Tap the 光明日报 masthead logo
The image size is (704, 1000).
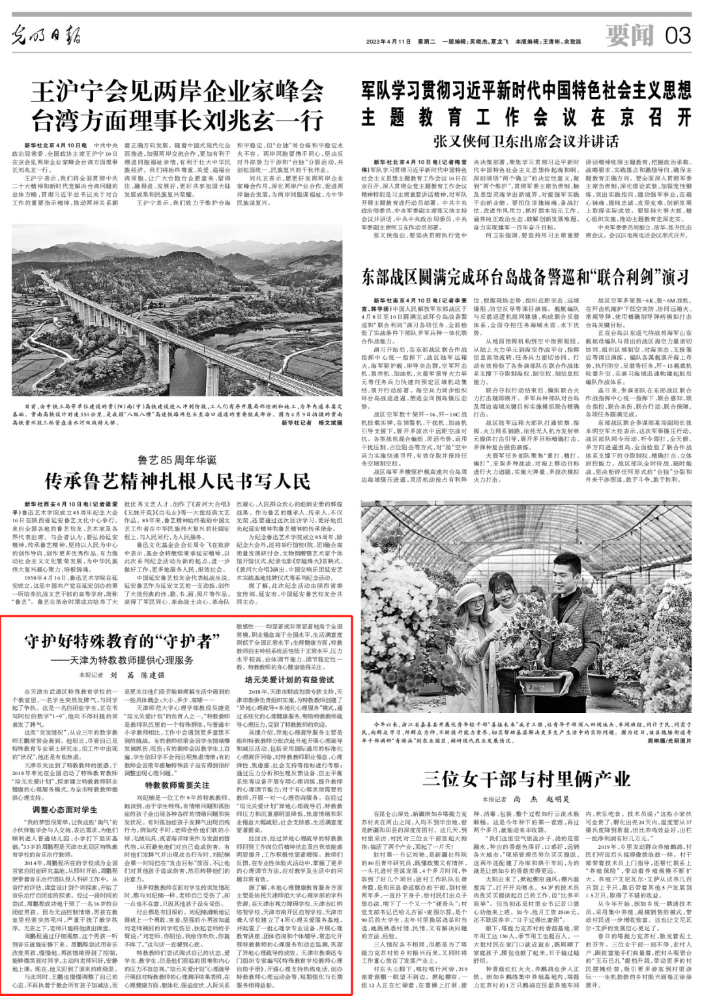click(46, 37)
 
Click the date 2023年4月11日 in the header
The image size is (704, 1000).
click(389, 42)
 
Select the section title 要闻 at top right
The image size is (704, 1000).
click(628, 35)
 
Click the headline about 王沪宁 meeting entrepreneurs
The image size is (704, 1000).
click(177, 106)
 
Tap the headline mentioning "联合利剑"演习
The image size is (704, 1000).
click(525, 276)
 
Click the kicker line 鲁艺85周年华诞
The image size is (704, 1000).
click(177, 460)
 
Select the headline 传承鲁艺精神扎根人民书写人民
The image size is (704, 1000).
click(177, 481)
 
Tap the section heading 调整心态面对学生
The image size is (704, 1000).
click(65, 810)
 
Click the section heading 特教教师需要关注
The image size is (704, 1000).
click(177, 786)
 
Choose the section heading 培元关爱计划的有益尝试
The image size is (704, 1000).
click(289, 680)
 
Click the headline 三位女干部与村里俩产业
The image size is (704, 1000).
click(526, 778)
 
